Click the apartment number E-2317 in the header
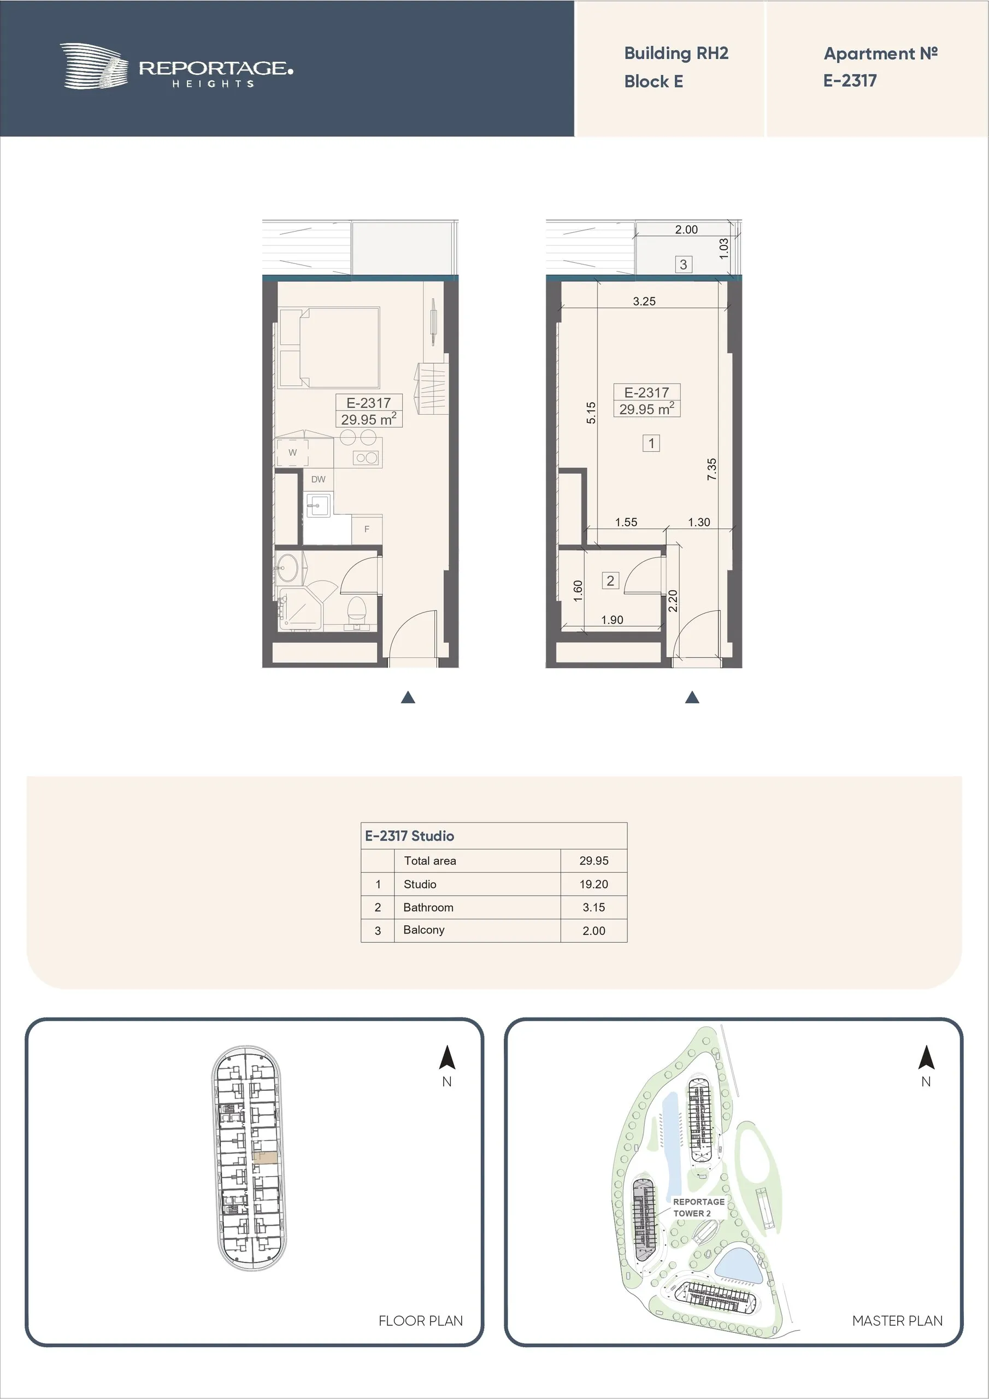pos(850,80)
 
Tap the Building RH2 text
pos(676,54)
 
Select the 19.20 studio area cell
pos(593,884)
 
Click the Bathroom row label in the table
pos(428,907)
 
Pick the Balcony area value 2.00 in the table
pos(593,931)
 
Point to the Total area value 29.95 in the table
pos(593,860)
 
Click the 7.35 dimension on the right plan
pos(712,469)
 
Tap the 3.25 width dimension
pos(644,301)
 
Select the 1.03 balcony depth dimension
pos(723,248)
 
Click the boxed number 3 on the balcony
pos(683,264)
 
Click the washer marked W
pos(292,452)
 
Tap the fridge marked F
pos(367,529)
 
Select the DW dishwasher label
pos(318,479)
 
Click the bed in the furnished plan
pos(329,348)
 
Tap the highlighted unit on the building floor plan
pos(265,1159)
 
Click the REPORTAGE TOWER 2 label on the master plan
pos(698,1207)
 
